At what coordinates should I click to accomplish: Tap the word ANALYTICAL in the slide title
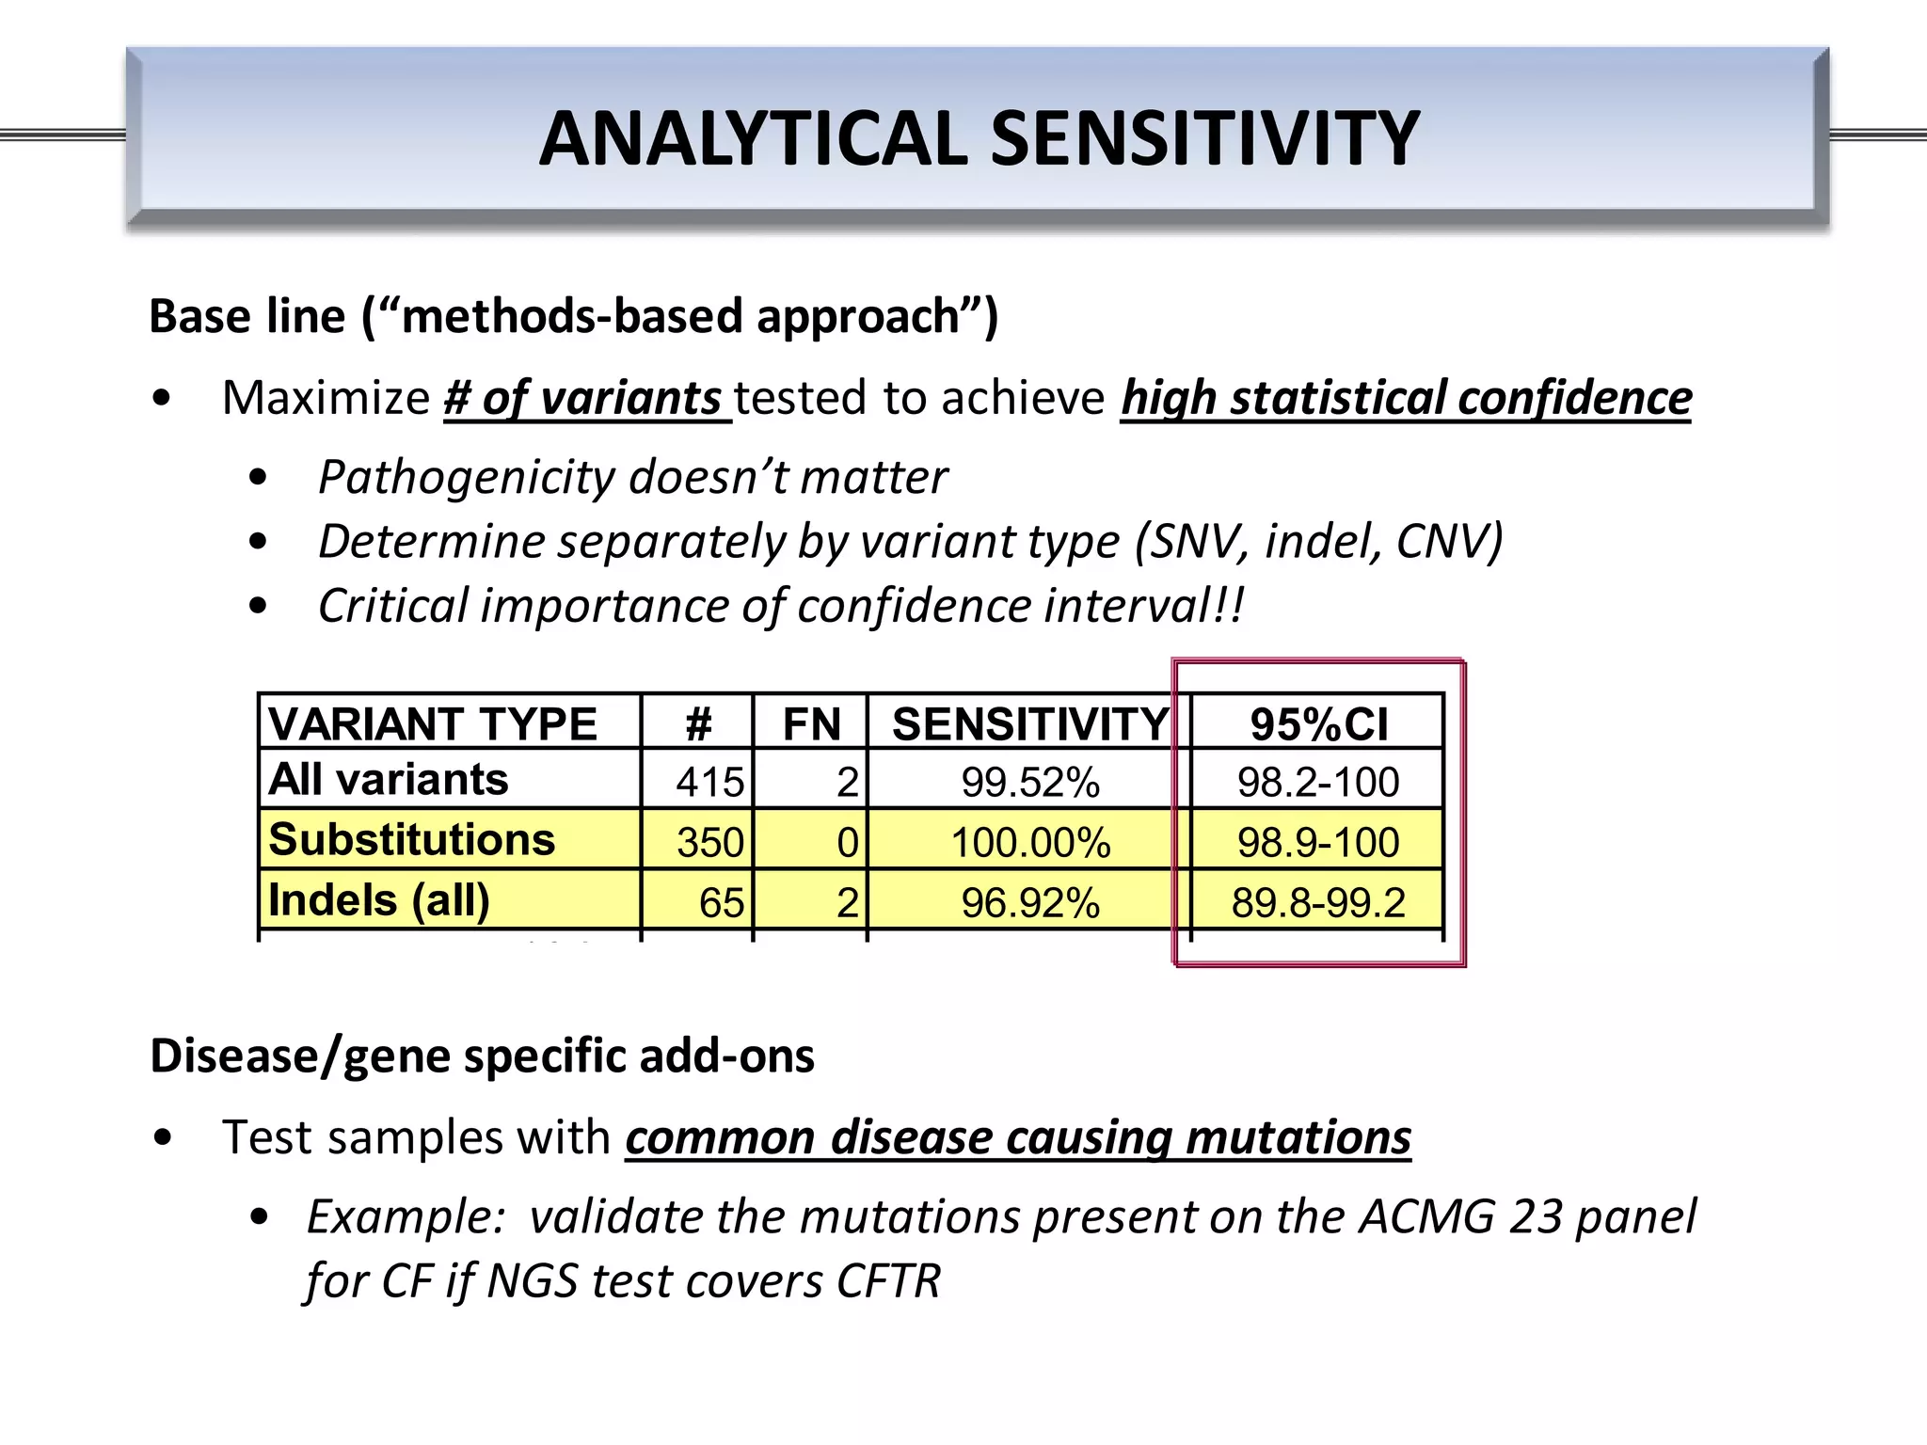[x=753, y=138]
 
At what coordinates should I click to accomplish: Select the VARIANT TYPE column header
[x=433, y=724]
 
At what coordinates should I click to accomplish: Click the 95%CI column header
[x=1318, y=724]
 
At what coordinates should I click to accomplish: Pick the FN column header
[x=811, y=724]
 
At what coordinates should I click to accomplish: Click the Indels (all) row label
[x=379, y=900]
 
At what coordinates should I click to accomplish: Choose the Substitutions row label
[x=411, y=839]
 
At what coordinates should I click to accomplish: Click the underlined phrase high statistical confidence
[x=1406, y=398]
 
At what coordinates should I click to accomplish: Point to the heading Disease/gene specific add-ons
[x=482, y=1056]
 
